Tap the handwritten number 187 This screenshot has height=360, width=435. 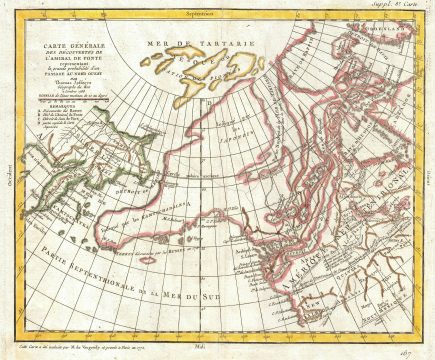[x=412, y=344]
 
